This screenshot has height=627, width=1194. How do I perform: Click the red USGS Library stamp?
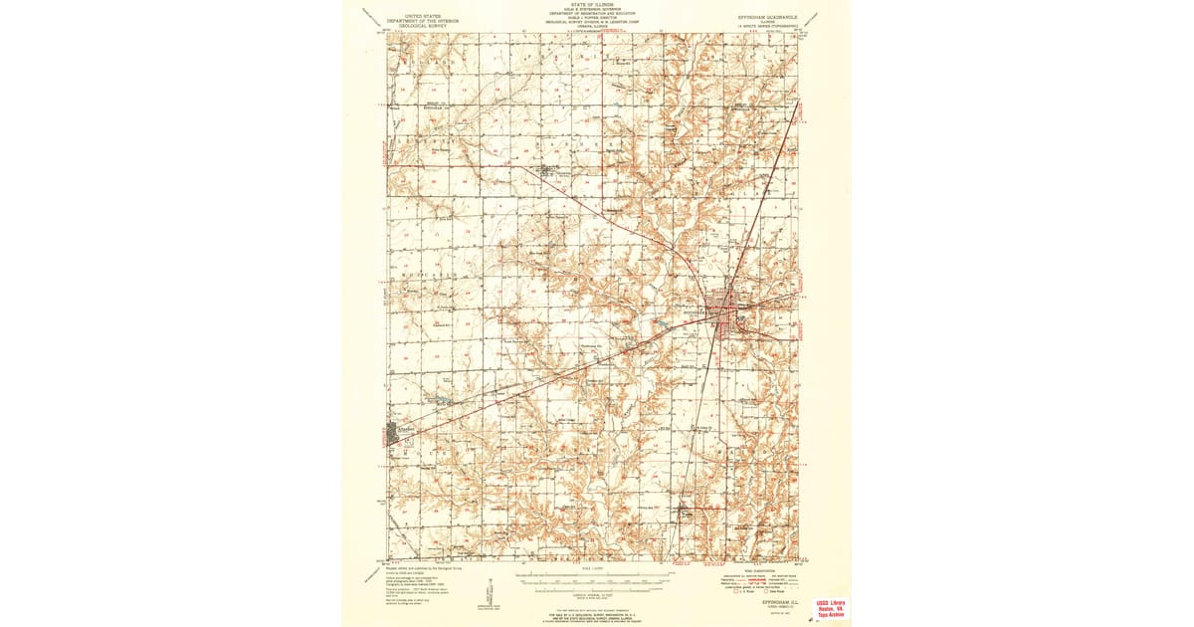click(x=830, y=609)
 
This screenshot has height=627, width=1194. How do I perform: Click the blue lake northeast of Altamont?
click(x=439, y=402)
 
